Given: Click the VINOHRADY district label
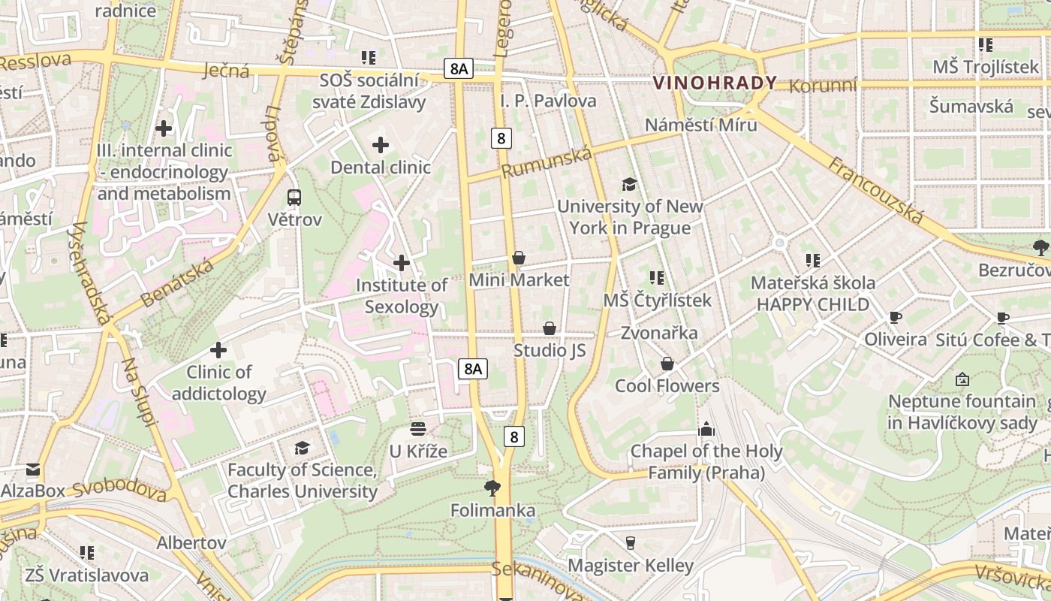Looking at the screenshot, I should [x=715, y=83].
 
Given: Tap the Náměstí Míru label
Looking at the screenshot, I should [x=701, y=125].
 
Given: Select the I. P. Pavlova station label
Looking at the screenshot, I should [x=548, y=101].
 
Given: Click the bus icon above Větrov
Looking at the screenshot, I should [x=294, y=198].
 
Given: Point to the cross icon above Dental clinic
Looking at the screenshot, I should [x=381, y=144].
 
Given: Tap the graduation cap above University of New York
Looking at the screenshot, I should [x=629, y=184].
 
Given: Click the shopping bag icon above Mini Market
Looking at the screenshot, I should [x=518, y=258].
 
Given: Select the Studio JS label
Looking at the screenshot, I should [x=550, y=351].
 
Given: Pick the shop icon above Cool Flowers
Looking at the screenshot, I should [x=667, y=364].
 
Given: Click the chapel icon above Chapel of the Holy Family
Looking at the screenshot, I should [x=706, y=430].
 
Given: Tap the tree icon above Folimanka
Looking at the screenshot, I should [x=492, y=488].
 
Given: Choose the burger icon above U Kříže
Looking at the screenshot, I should [x=418, y=429].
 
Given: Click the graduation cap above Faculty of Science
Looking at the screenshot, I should [x=302, y=448].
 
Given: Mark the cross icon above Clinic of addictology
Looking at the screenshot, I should [x=218, y=350].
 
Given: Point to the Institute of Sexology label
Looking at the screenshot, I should [x=402, y=296].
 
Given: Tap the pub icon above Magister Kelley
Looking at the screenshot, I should [x=630, y=542].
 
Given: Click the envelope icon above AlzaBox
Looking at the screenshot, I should [x=33, y=470].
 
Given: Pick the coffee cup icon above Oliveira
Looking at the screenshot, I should [x=895, y=317].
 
